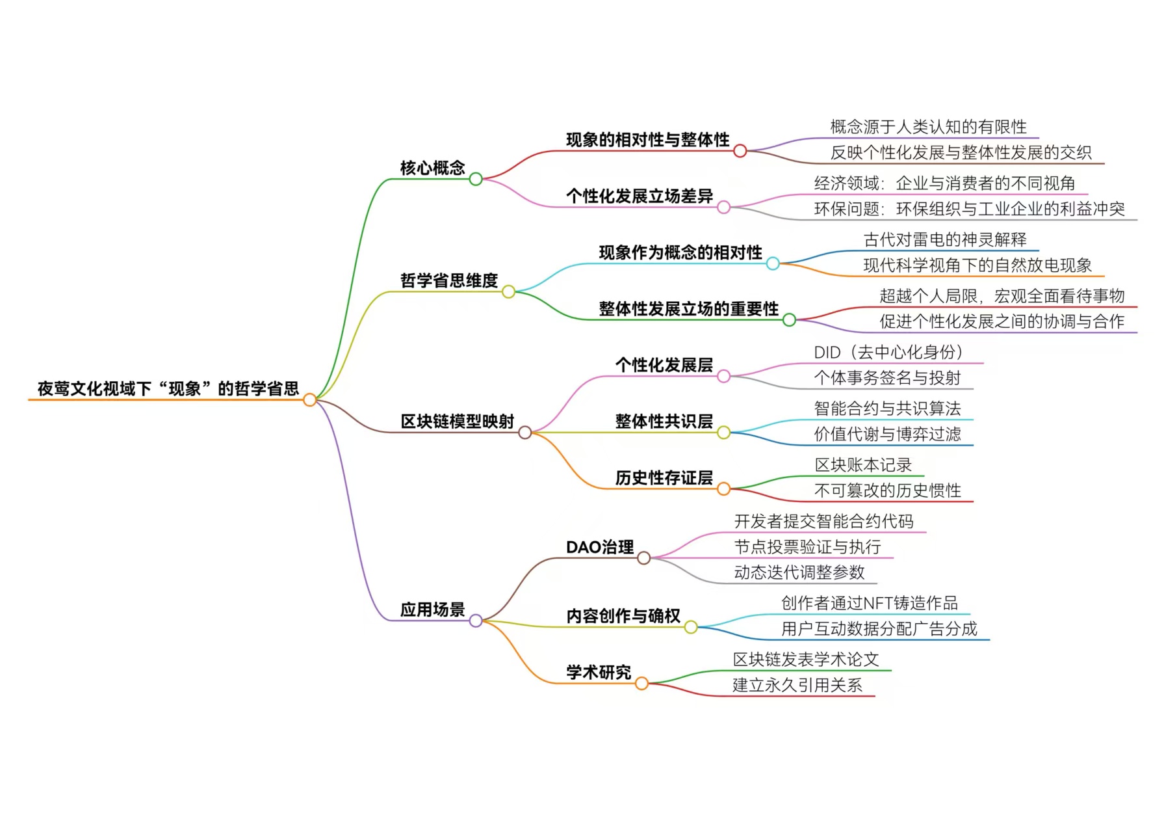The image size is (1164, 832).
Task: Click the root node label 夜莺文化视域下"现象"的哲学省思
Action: [168, 388]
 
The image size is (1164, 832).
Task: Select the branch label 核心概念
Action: [432, 168]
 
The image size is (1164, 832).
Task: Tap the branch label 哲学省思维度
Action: [448, 280]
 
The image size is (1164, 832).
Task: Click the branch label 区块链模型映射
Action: [457, 422]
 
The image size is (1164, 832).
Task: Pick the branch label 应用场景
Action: [432, 610]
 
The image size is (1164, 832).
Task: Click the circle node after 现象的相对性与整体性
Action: [740, 151]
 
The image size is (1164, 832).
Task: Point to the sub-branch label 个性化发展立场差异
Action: [639, 196]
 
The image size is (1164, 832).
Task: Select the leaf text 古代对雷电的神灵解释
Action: [945, 239]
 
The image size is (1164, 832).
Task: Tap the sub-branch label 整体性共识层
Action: [664, 421]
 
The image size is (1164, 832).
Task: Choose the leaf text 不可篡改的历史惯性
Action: [887, 490]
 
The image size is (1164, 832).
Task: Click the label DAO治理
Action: [599, 547]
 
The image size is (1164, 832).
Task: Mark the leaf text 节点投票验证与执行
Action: [807, 546]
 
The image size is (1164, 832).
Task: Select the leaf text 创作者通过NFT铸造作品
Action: [869, 603]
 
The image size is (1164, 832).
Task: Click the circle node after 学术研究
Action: [641, 683]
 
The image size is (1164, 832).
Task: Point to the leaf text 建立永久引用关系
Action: [797, 685]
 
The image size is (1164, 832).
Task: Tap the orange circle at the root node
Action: [310, 399]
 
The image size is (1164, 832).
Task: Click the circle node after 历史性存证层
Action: [723, 489]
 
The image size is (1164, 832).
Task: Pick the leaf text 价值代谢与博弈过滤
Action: [887, 434]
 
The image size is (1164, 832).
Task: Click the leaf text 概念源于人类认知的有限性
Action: [928, 126]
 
